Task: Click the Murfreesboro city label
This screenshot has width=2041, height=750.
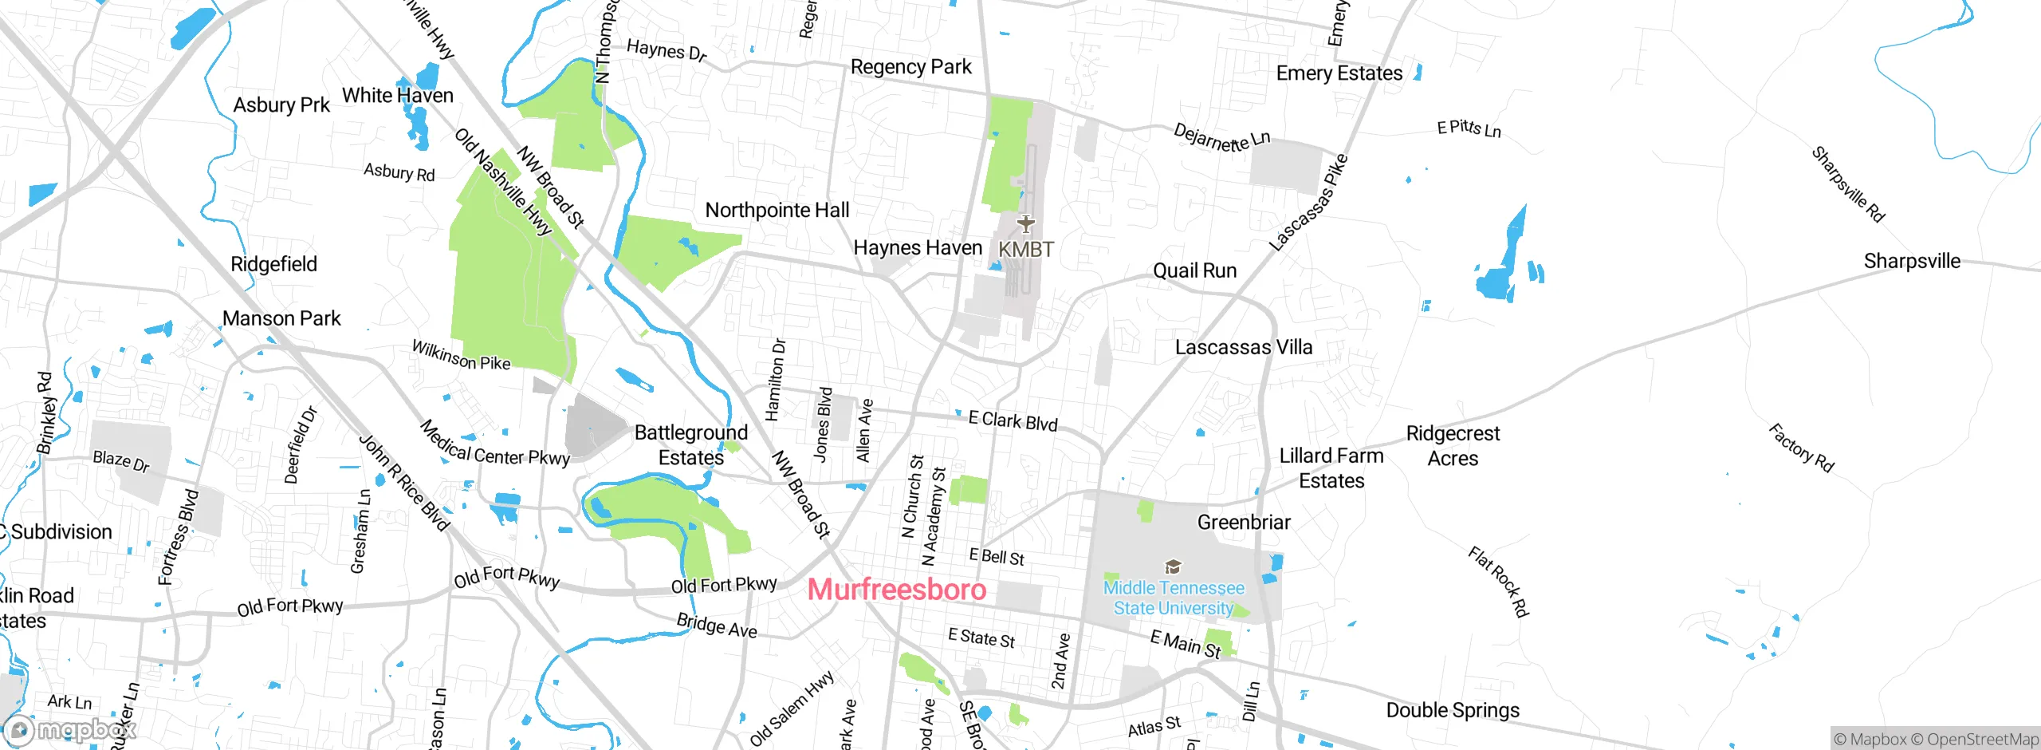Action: coord(897,590)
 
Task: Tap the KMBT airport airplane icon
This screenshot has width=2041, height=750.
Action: coord(1026,223)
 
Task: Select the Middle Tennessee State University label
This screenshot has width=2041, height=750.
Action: coord(1174,598)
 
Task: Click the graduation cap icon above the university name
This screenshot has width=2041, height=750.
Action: coord(1173,567)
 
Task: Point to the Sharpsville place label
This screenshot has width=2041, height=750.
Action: coord(1912,261)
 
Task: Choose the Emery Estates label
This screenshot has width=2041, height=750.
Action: coord(1339,73)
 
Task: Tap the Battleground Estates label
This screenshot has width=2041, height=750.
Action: coord(691,445)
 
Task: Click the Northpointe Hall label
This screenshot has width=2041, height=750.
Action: coord(777,211)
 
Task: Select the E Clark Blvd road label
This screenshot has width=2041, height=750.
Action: coord(1013,421)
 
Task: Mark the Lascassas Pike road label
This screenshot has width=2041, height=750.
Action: coord(1308,203)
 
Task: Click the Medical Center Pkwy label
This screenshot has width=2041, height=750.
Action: coord(494,444)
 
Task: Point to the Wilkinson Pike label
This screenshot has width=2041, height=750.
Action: coord(461,355)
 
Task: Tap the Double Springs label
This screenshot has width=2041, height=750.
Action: coord(1453,710)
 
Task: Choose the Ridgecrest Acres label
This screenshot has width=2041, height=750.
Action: coord(1453,446)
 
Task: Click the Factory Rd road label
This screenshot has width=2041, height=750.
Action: coord(1801,448)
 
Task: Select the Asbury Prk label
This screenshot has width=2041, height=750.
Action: coord(281,105)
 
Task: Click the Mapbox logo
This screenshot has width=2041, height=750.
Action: coord(70,729)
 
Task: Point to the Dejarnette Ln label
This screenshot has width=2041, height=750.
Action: coord(1221,137)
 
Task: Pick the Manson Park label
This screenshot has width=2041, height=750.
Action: coord(281,318)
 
